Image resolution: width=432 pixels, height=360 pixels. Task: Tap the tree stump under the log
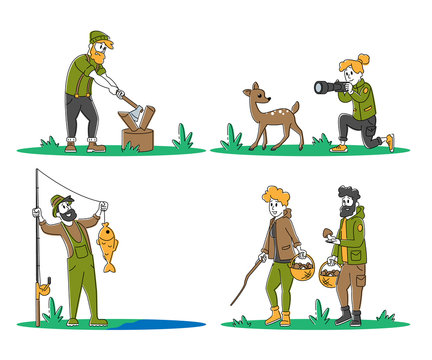click(x=139, y=137)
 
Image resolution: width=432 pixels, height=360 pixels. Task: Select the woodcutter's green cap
click(x=99, y=37)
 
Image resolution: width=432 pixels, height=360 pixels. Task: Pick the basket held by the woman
click(x=302, y=267)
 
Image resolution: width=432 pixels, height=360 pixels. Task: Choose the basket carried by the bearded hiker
click(x=332, y=275)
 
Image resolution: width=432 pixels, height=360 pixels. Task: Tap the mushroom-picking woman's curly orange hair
click(x=275, y=194)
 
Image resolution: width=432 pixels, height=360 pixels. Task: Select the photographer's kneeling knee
click(x=371, y=139)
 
